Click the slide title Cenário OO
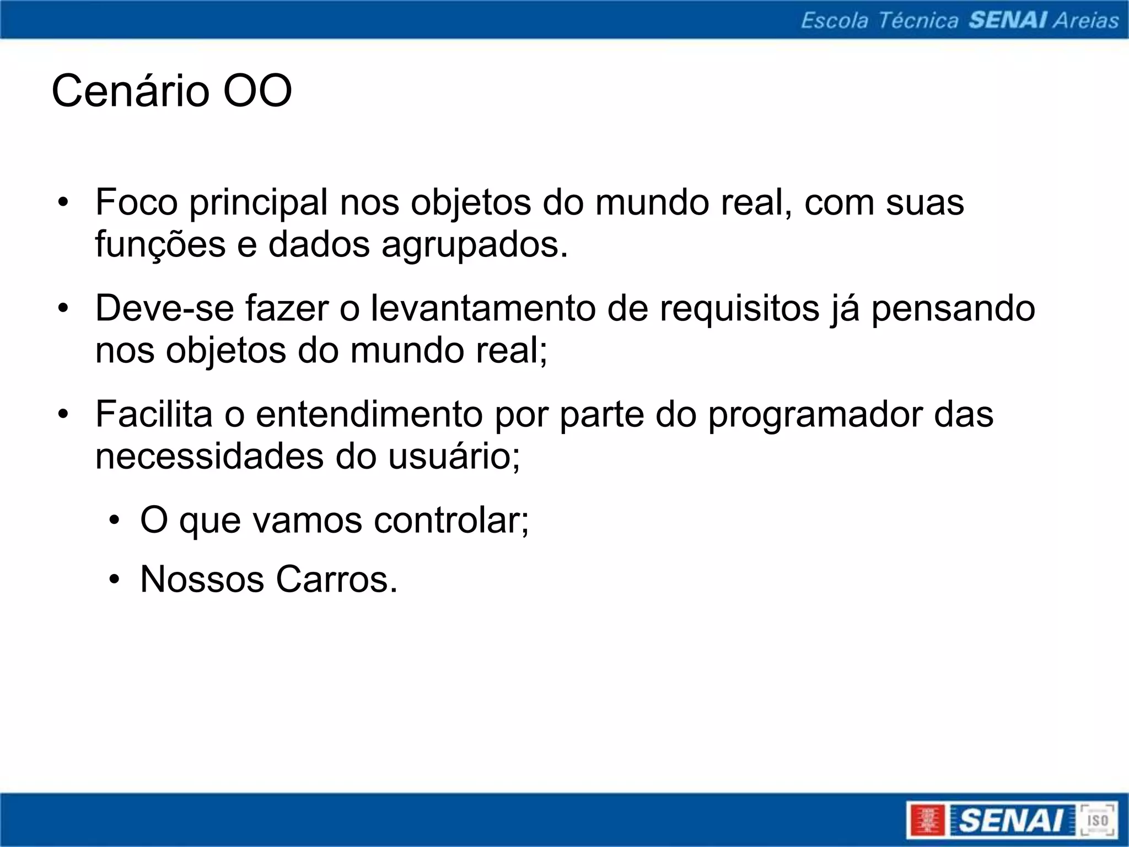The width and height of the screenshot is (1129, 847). pos(171,91)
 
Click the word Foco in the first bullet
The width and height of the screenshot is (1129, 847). pos(136,202)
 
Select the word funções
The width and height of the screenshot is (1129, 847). pos(160,245)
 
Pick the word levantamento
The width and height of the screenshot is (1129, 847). pos(482,308)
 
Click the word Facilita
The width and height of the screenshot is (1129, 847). pos(154,414)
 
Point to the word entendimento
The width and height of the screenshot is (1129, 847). pos(369,414)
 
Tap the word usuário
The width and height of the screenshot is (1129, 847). pos(453,457)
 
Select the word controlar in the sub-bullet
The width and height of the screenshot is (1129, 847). pos(451,520)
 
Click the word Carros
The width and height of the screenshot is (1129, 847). pos(336,580)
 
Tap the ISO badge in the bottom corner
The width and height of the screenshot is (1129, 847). pos(1097,820)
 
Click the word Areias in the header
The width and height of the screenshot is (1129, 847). pos(1085,20)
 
